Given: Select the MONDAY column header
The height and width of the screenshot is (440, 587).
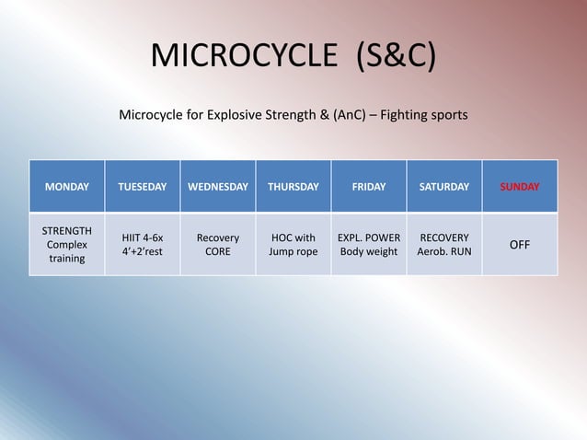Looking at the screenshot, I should coord(67,187).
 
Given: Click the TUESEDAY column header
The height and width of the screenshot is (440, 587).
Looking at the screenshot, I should coord(143,187).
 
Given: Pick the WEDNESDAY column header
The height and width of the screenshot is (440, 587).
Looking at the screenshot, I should coord(218,187).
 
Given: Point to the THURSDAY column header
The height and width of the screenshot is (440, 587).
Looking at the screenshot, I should coord(293,187).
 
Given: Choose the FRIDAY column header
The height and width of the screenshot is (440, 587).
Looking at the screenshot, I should coord(369,187).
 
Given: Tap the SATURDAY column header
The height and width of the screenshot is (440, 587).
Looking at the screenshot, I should coord(444,187).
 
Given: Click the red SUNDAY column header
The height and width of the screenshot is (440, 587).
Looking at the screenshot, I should coord(520,187).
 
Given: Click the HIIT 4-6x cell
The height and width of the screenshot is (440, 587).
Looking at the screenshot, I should coord(143,244).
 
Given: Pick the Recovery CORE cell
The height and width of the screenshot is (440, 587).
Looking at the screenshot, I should coord(218,244).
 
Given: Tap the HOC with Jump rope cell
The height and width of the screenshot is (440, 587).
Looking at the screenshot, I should coord(293,244).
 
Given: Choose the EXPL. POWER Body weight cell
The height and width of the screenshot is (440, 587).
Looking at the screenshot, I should coord(369,244).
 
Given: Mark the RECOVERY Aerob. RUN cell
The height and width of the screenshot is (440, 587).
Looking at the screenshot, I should coord(444,244).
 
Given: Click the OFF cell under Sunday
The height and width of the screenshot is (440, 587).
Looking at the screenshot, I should coord(520,244).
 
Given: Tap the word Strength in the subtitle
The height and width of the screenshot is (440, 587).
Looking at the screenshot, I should coord(294,117).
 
